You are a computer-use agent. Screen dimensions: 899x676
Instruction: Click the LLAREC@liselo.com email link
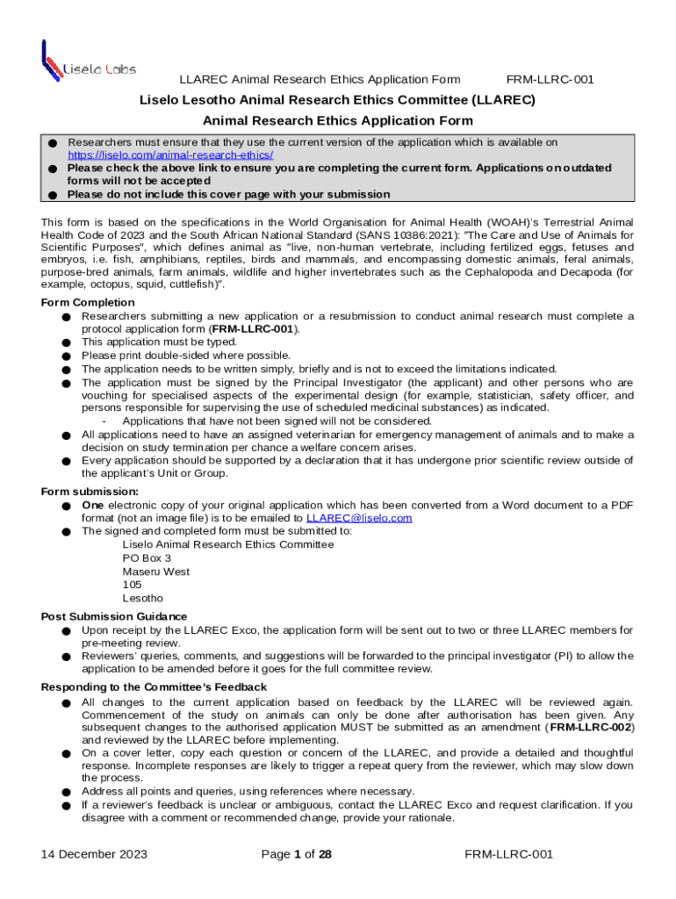(x=364, y=518)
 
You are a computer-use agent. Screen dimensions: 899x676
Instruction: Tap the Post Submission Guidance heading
(x=113, y=616)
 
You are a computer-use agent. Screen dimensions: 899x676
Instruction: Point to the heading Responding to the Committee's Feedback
(x=154, y=687)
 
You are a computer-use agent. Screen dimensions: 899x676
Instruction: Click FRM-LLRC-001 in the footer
(x=509, y=854)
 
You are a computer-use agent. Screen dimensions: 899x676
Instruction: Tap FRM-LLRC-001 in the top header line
(x=550, y=80)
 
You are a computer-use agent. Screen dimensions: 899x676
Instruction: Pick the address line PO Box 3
(x=147, y=558)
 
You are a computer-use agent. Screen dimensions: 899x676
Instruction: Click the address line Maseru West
(x=155, y=572)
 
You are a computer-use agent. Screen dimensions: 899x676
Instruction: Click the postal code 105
(x=132, y=585)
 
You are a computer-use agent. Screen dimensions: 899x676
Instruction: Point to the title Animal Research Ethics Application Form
(x=338, y=120)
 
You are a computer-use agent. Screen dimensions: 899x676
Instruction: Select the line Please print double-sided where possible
(x=186, y=356)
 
